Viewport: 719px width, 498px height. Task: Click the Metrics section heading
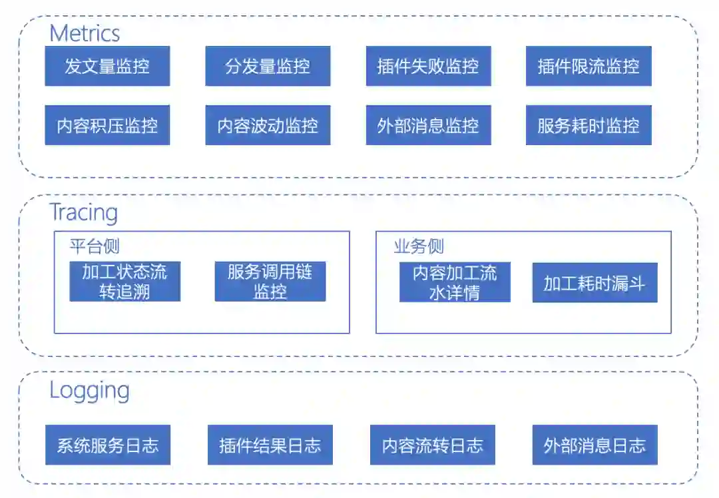(x=85, y=33)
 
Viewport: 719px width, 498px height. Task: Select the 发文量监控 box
(x=107, y=66)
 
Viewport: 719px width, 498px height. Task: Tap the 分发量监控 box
(x=268, y=66)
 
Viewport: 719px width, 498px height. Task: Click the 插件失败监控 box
(x=428, y=66)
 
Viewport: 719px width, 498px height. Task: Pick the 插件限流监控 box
(x=589, y=66)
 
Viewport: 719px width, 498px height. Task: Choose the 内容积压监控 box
(x=107, y=125)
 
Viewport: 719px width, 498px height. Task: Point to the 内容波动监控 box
(x=268, y=125)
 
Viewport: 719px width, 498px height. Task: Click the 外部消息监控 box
(x=428, y=125)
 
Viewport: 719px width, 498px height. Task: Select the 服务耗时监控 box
(x=589, y=125)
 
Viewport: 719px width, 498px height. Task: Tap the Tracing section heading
(x=84, y=212)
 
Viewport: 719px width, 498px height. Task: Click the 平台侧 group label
(x=94, y=246)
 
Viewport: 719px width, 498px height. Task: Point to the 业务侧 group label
(x=419, y=246)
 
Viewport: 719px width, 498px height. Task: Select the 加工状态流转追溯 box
(x=124, y=281)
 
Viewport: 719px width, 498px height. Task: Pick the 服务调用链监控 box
(x=270, y=281)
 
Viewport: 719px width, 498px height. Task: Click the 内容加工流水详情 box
(x=455, y=282)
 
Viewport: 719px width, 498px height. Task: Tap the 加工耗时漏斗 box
(x=595, y=282)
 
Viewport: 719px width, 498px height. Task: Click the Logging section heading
(x=89, y=390)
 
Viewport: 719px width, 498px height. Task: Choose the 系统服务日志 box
(x=108, y=445)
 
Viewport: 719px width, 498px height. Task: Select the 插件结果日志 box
(x=270, y=445)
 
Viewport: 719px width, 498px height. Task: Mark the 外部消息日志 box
(x=595, y=445)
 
